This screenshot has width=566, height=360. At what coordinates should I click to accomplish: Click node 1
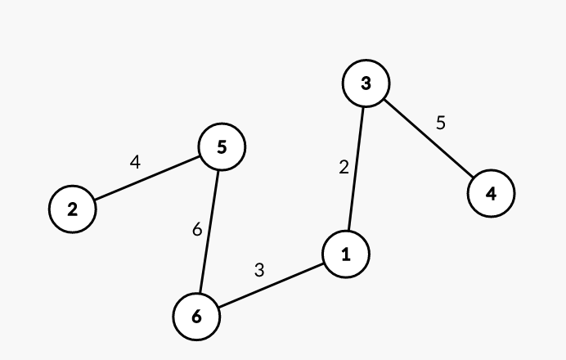coord(346,254)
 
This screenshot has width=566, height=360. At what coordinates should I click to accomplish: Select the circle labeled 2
coord(73,209)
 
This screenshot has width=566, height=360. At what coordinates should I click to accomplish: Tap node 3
coord(366,83)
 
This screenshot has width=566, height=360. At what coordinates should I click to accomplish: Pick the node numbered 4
coord(491,194)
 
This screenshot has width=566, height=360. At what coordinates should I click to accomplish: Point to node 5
coord(222,147)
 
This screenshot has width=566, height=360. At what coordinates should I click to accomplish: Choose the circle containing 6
coord(196,316)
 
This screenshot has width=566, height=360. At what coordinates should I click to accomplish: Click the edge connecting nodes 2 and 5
coord(147,178)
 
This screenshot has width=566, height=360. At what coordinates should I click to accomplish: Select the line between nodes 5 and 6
coord(209,232)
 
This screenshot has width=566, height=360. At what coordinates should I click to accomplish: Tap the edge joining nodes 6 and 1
coord(271,286)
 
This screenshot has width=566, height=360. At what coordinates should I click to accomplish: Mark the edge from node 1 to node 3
coord(356,169)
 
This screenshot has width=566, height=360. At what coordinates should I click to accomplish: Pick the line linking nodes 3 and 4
coord(428,139)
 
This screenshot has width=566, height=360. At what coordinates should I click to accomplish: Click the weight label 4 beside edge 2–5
coord(136,162)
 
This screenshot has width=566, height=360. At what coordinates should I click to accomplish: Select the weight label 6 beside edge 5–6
coord(197,230)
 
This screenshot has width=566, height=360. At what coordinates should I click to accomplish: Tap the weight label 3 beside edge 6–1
coord(259,269)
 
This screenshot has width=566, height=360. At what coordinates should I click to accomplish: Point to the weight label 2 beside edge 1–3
coord(344,167)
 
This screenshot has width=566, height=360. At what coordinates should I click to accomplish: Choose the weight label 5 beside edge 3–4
coord(441,124)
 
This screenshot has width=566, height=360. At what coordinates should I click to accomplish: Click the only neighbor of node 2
coord(222,147)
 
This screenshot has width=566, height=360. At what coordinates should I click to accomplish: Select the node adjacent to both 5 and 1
coord(196,316)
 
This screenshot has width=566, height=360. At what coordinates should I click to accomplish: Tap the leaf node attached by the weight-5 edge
coord(491,194)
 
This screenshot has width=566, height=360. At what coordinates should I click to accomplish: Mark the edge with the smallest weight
coord(356,169)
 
